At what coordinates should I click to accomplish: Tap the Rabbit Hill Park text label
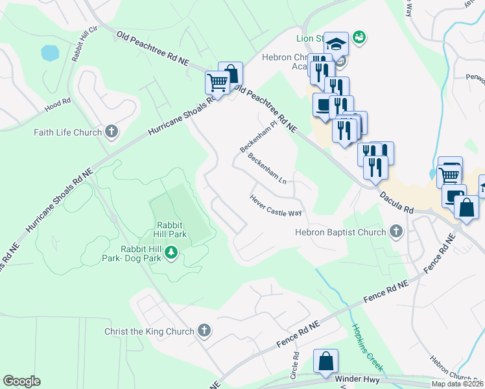pos(171,230)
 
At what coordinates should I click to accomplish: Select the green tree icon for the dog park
pos(171,252)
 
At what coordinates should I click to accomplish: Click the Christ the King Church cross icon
pos(204,331)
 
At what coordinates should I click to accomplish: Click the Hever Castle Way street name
pos(276,206)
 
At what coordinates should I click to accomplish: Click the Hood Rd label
pos(57,105)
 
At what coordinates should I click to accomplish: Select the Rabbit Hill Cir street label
pos(85,43)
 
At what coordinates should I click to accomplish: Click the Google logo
pos(21,381)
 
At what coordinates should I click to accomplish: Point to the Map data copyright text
pos(457,384)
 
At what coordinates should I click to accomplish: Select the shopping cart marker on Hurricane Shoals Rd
pos(217,83)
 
